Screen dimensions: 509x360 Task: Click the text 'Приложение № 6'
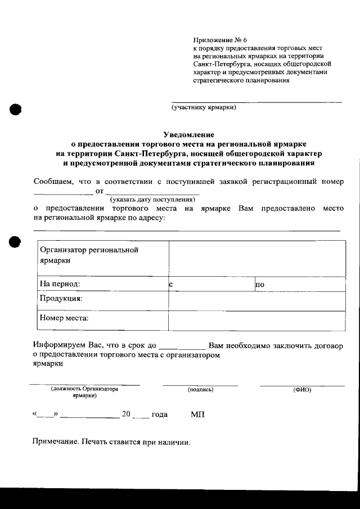coord(220,40)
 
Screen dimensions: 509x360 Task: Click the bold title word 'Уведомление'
coord(189,134)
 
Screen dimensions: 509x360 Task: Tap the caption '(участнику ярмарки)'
coord(204,107)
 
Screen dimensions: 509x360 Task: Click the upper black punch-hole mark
coord(14,109)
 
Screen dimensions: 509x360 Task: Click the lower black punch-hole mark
coord(14,242)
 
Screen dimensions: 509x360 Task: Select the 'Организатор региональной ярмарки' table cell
coord(101,255)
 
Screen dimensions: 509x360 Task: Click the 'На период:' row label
coord(60,285)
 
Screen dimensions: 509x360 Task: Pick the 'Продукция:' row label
coord(61,298)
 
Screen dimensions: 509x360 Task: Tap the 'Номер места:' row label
coord(65,318)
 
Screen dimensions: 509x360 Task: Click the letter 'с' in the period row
coord(170,285)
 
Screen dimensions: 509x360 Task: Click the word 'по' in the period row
coord(260,285)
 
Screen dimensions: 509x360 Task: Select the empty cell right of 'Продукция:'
coord(256,301)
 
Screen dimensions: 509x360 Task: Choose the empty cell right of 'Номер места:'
coord(256,321)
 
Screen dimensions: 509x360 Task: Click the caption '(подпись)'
coord(200,389)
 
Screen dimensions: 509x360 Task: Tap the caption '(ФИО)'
coord(302,389)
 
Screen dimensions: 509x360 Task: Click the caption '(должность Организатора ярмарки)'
coord(84,392)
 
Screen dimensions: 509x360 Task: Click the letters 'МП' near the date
coord(198,415)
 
